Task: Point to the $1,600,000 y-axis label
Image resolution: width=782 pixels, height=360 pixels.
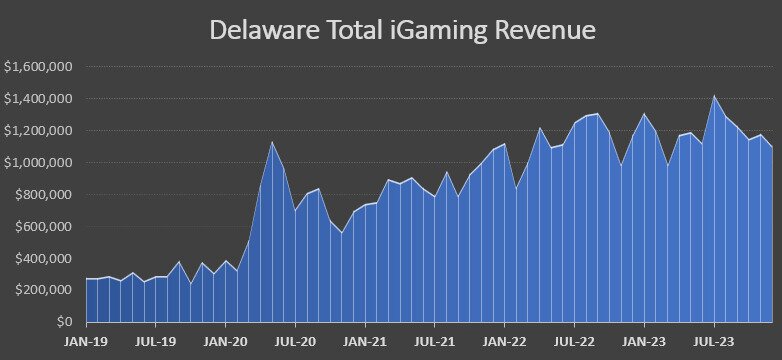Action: tap(40, 67)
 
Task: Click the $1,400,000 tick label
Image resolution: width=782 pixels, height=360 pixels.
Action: tap(40, 99)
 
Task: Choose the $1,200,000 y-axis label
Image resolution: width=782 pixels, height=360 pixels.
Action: tap(40, 131)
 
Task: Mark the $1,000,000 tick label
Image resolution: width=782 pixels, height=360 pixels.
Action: tap(40, 163)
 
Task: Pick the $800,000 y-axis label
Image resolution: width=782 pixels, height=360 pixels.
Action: tap(45, 195)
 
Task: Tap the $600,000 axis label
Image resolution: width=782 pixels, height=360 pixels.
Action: tap(45, 227)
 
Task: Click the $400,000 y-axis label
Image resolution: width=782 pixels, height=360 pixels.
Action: tap(45, 259)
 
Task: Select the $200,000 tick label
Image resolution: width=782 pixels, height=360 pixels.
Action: tap(45, 290)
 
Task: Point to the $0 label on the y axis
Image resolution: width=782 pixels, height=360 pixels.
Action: tap(65, 322)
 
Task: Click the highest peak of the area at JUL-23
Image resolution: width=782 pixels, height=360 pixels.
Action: tap(714, 96)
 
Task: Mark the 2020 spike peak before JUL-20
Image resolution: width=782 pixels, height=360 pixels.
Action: tap(271, 141)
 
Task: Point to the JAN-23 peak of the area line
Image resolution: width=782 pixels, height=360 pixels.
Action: tap(644, 114)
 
